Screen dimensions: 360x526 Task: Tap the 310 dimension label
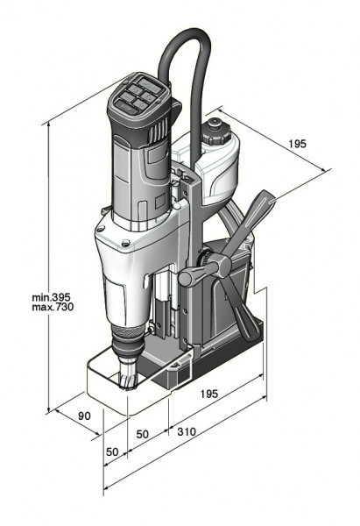(187, 431)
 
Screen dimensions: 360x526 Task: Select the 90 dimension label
(84, 416)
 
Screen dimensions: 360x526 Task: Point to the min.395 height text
(51, 297)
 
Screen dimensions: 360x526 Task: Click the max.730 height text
(53, 307)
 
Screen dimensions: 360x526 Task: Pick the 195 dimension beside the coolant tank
(297, 144)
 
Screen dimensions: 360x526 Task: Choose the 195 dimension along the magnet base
(209, 394)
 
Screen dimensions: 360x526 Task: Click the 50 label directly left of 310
(142, 434)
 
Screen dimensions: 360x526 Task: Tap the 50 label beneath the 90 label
(112, 451)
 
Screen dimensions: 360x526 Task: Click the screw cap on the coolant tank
(216, 131)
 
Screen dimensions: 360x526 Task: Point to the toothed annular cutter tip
(129, 378)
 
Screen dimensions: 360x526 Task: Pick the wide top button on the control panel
(150, 86)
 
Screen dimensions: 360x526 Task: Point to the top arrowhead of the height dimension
(48, 124)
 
